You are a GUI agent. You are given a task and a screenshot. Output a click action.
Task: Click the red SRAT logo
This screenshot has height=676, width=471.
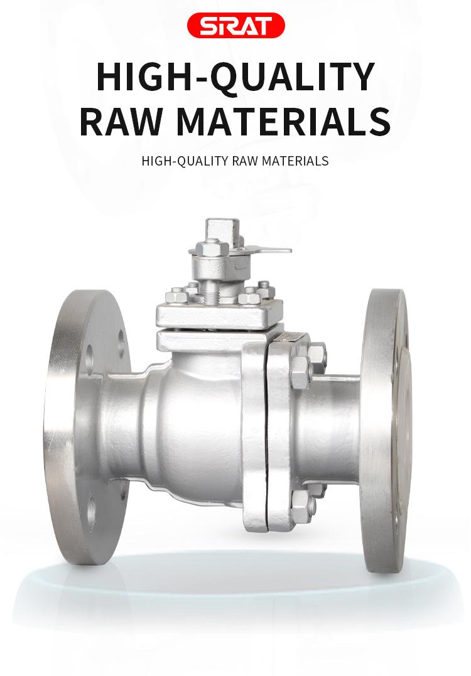[235, 25]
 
